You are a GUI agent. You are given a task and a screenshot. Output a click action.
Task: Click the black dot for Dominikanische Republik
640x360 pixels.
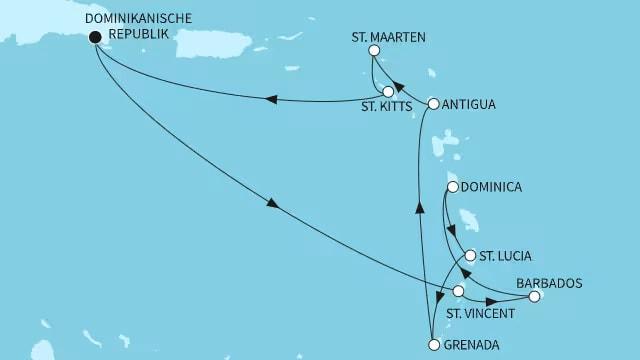click(95, 38)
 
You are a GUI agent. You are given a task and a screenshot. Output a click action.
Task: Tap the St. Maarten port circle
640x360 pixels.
click(374, 51)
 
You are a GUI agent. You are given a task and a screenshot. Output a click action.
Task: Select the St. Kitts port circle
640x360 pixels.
click(388, 92)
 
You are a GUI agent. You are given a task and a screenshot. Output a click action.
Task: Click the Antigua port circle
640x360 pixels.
click(433, 103)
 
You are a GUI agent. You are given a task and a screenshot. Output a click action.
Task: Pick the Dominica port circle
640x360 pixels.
click(453, 187)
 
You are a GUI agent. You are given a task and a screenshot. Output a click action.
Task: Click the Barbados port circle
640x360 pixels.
click(534, 296)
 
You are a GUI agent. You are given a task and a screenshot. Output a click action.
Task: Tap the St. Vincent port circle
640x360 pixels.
click(458, 291)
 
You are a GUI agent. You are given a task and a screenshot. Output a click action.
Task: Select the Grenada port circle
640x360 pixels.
click(433, 346)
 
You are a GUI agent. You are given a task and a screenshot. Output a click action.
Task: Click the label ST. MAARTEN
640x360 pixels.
click(388, 37)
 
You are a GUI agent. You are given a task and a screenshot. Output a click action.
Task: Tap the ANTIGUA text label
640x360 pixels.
click(469, 104)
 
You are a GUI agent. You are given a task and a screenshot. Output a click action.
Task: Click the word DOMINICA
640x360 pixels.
click(492, 187)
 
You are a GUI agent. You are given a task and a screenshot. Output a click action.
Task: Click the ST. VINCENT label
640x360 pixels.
click(480, 313)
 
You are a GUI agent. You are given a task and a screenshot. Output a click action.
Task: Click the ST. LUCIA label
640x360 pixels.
click(505, 256)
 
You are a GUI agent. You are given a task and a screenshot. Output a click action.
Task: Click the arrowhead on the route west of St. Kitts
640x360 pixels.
click(270, 97)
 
